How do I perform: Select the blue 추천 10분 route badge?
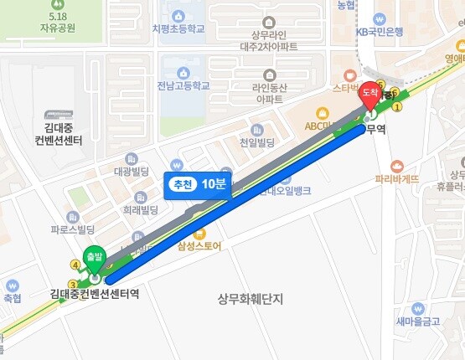point(196,185)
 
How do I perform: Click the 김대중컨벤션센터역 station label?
point(93,294)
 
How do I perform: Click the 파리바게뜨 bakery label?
point(396,178)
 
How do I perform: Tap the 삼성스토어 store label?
point(199,246)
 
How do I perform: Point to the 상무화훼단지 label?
point(251,298)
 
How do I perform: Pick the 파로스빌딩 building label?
point(72,228)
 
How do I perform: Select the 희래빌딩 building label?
point(141,209)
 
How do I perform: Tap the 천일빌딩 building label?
point(257,143)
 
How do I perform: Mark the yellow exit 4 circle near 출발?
point(75,265)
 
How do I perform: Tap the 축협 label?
point(12,297)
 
